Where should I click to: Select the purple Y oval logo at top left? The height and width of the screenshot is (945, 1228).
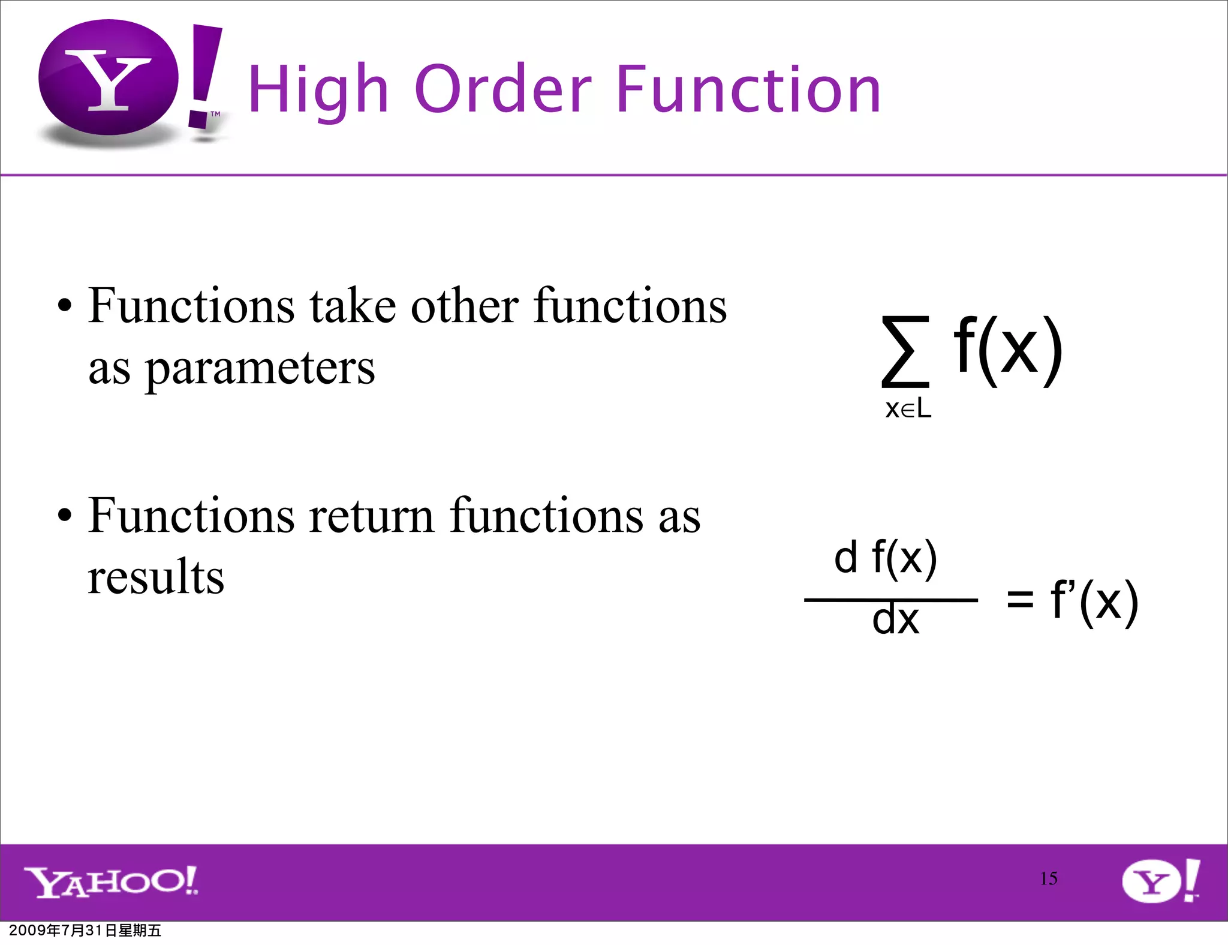click(x=109, y=78)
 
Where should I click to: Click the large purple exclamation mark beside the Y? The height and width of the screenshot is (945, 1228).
click(x=204, y=75)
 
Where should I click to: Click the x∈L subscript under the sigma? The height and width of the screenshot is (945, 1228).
click(x=908, y=410)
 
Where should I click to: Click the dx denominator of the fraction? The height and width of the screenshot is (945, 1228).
click(x=895, y=620)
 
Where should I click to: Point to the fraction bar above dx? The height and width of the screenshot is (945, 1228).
click(x=890, y=600)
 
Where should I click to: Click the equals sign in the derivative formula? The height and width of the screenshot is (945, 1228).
click(x=1020, y=599)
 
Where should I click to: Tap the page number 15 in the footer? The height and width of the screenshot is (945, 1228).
click(x=1048, y=878)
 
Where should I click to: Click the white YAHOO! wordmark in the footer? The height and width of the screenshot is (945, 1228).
click(x=111, y=881)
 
